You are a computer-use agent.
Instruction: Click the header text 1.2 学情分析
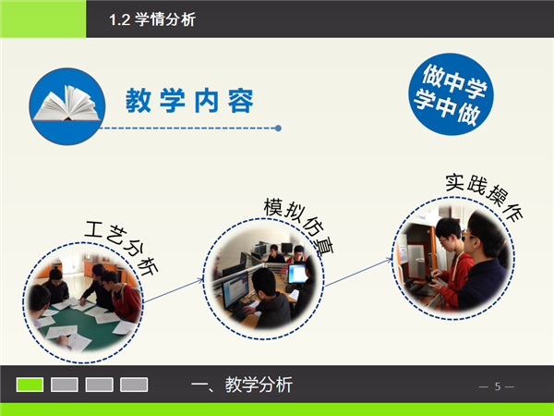152,19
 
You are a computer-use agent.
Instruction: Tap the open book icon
66,104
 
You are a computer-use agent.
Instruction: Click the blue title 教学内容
189,101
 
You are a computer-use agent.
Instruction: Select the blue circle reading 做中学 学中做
452,94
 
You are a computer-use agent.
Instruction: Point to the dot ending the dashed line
278,128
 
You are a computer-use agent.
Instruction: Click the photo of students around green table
83,303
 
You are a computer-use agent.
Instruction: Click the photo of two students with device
453,259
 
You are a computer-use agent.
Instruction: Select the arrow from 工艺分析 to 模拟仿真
174,291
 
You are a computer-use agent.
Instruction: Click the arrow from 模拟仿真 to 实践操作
358,272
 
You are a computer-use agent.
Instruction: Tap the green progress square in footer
30,385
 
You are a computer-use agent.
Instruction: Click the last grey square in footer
134,385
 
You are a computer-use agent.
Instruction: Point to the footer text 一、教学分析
242,385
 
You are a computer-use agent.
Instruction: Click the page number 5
498,386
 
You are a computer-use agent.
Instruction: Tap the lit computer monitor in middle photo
297,273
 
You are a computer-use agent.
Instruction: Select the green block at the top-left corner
42,18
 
